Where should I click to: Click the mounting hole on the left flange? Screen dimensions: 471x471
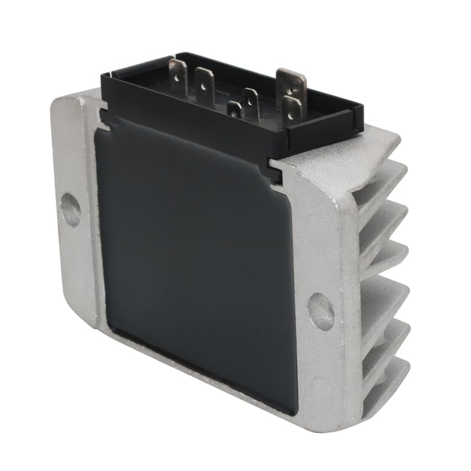point(70,209)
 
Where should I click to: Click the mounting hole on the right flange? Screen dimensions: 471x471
point(321,311)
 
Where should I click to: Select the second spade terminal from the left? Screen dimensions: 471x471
point(204,86)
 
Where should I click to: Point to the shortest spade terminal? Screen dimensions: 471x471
point(234,109)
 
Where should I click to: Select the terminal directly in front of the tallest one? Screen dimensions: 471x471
point(291,108)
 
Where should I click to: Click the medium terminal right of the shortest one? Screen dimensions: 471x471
point(251,103)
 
